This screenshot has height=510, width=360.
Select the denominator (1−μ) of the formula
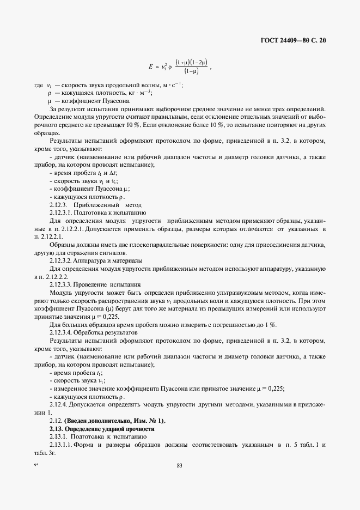[x=191, y=71]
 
